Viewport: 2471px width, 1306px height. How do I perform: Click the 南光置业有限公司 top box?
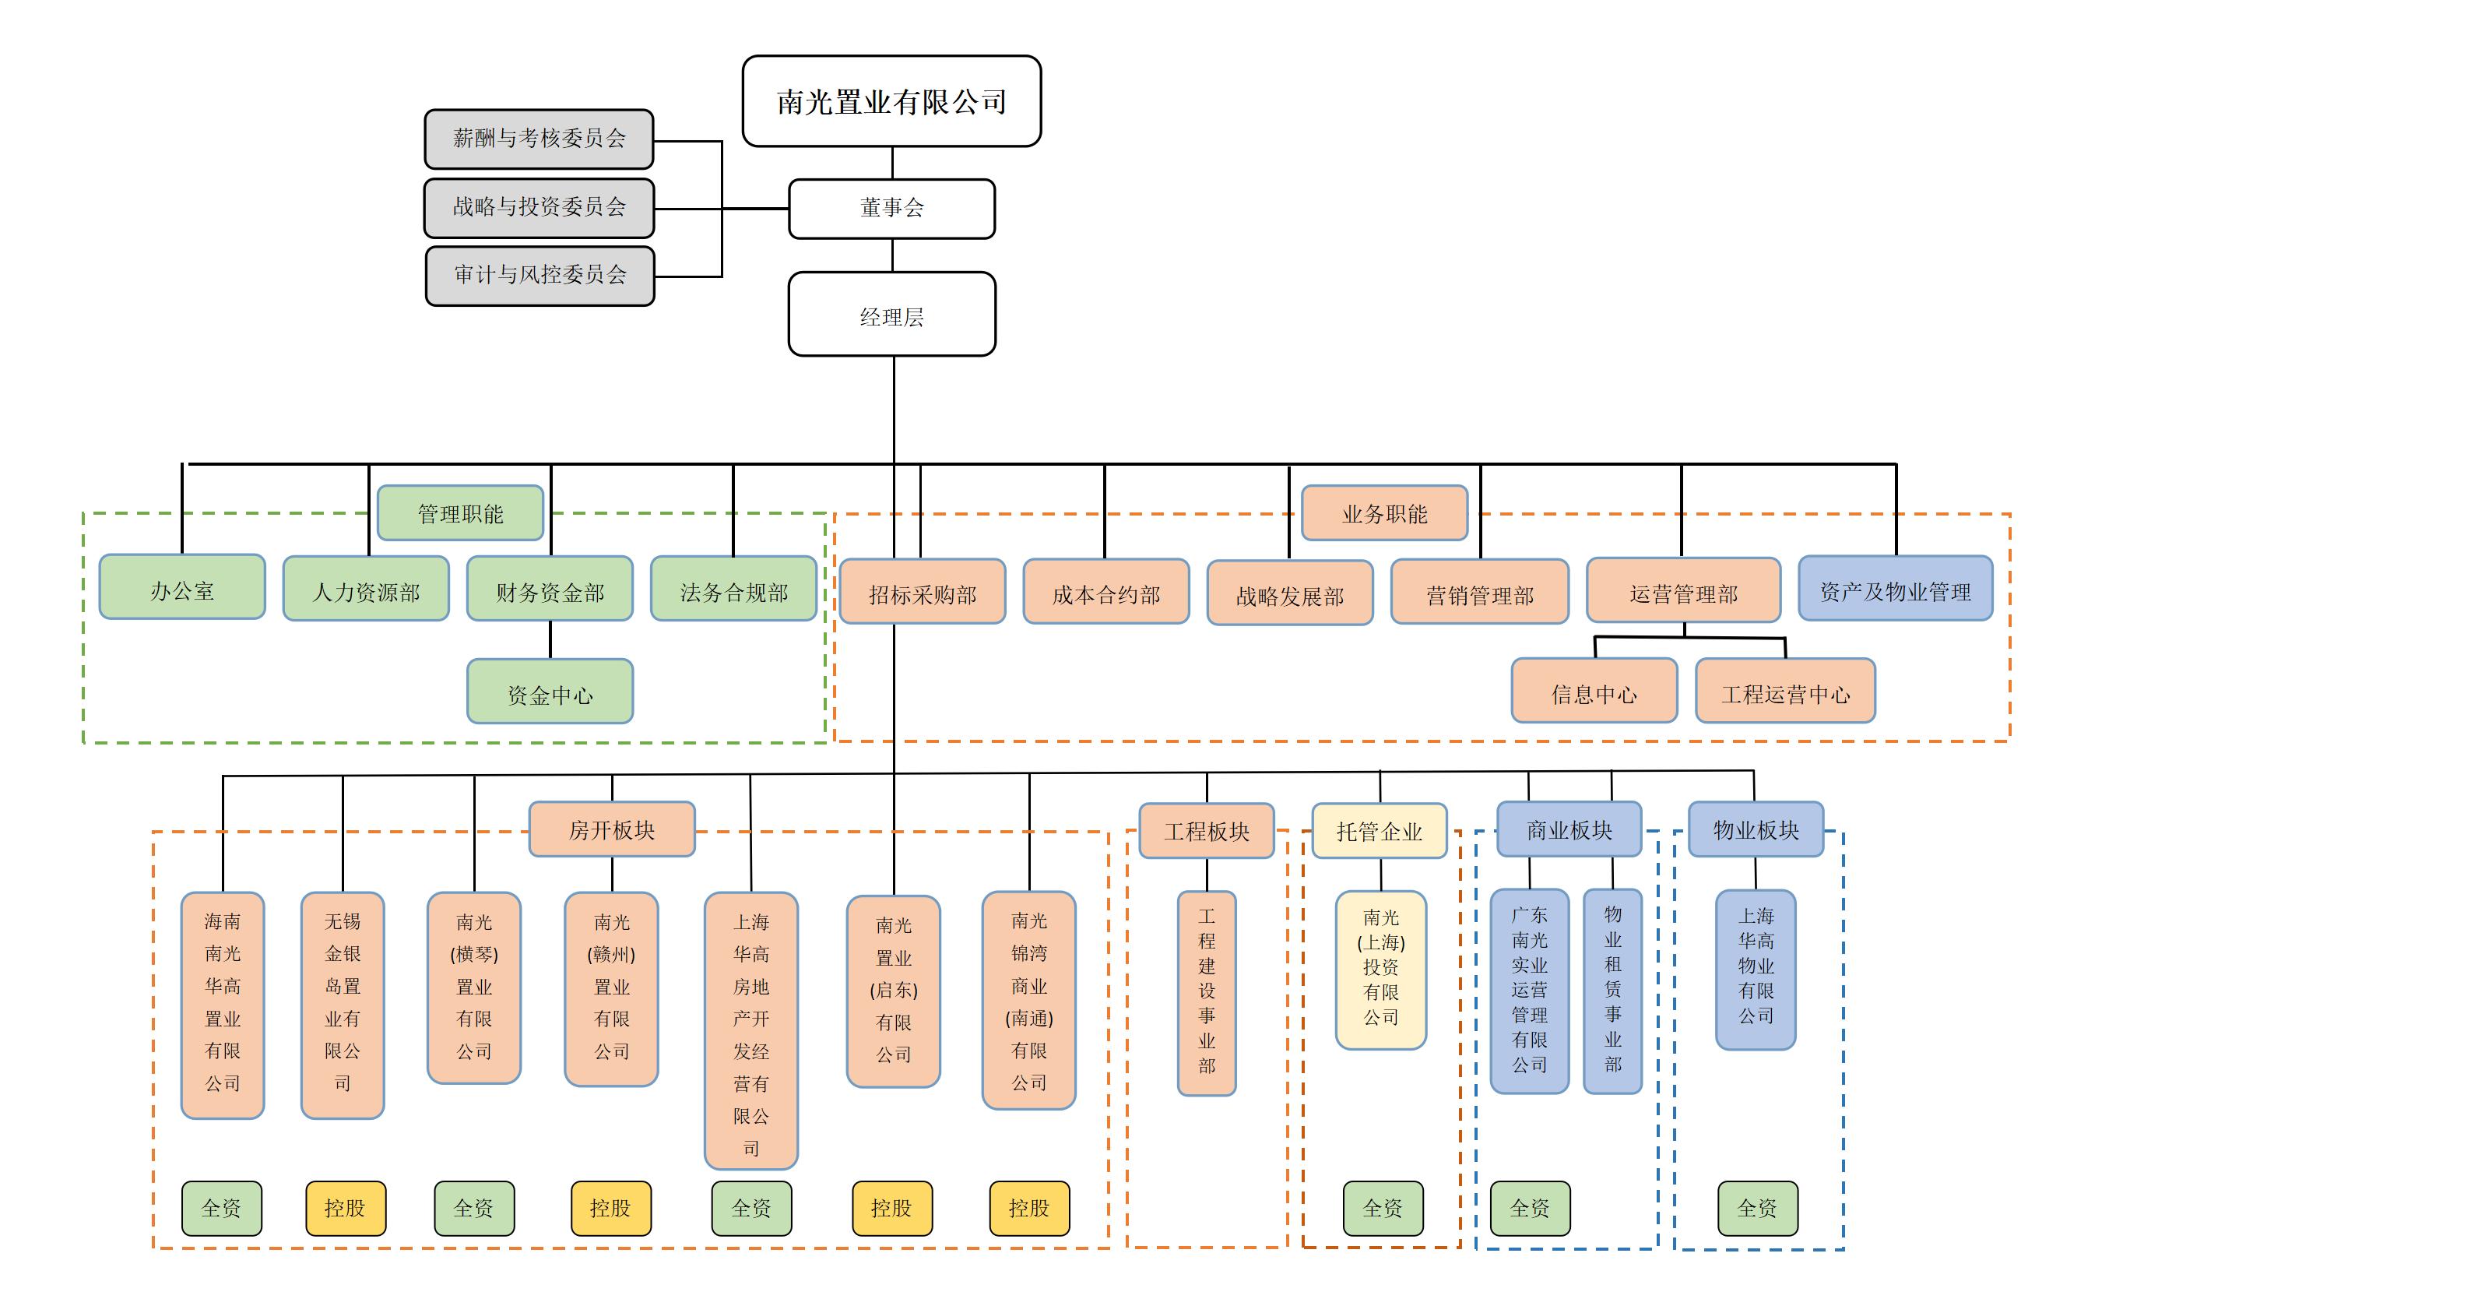(x=891, y=100)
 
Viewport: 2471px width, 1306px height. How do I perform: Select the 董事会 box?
(x=891, y=208)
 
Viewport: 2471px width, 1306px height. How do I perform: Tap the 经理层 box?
(x=891, y=315)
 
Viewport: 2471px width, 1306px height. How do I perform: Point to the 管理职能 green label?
(x=460, y=513)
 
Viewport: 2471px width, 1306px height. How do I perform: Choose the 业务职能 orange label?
(x=1384, y=513)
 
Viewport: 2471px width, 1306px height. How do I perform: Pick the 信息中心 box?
(x=1594, y=691)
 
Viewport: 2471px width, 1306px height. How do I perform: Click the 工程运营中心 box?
(x=1785, y=691)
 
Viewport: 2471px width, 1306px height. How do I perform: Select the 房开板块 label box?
(x=612, y=829)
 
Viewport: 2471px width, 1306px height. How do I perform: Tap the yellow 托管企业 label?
(x=1379, y=831)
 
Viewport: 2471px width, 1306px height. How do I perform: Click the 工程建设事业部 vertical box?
(x=1207, y=993)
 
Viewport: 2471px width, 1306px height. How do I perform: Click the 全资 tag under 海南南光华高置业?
(x=222, y=1208)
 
